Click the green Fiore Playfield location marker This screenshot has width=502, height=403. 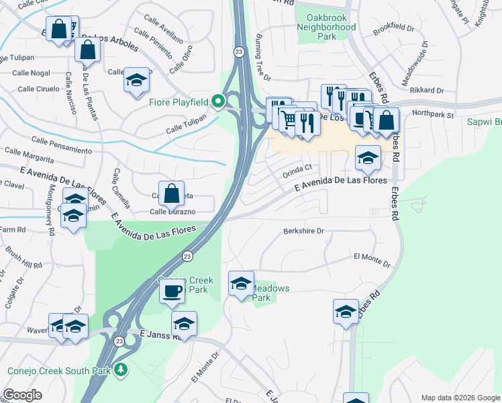pyautogui.click(x=217, y=102)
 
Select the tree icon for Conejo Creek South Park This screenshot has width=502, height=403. pyautogui.click(x=121, y=369)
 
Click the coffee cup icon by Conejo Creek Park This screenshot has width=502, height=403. pyautogui.click(x=172, y=291)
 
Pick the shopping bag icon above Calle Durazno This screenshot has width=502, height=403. pyautogui.click(x=172, y=193)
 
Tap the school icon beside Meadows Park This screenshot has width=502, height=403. pyautogui.click(x=241, y=283)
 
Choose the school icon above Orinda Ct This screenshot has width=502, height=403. pyautogui.click(x=368, y=158)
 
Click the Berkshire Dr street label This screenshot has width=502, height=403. pyautogui.click(x=303, y=230)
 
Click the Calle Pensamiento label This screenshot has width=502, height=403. pyautogui.click(x=62, y=144)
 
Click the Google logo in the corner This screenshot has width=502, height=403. pyautogui.click(x=23, y=394)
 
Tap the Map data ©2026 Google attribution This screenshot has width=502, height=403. pyautogui.click(x=460, y=398)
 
